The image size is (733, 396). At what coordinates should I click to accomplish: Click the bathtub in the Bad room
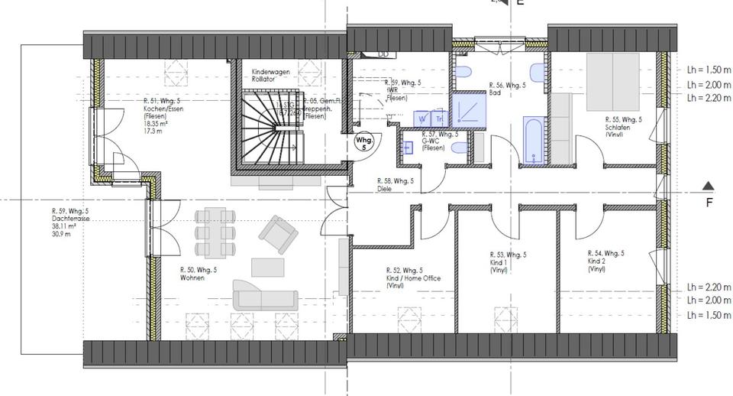coord(533,141)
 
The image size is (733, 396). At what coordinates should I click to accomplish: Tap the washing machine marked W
coord(422,118)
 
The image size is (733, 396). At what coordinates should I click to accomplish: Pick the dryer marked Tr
coord(439,118)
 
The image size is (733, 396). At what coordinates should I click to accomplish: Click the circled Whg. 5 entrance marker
coord(365,144)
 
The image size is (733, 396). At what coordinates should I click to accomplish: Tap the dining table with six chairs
coord(212,232)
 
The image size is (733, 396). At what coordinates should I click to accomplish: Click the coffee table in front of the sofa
coord(267,266)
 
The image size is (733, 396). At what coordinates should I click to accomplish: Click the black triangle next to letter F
coord(709,186)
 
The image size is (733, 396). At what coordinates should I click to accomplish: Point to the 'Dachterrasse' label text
coord(69,219)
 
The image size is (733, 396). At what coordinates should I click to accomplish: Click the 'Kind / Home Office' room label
coord(413,278)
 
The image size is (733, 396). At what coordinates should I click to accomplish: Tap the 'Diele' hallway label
coord(386,189)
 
